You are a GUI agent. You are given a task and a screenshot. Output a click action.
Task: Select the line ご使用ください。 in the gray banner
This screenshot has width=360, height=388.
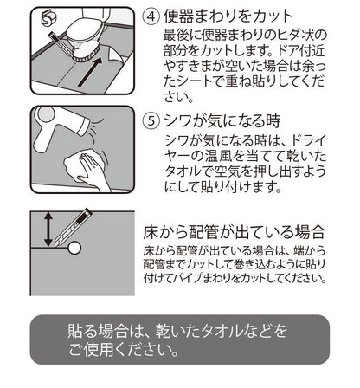click(125, 352)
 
